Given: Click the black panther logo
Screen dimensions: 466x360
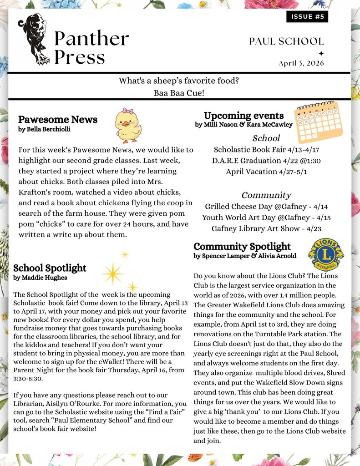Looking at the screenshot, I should point(34,39).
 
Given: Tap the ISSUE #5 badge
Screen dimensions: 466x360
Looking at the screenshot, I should point(307,17).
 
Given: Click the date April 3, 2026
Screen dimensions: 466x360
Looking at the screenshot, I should point(301,63).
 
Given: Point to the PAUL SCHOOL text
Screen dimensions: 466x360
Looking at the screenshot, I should point(286,41).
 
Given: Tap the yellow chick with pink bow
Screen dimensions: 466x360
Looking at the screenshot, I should point(127,125).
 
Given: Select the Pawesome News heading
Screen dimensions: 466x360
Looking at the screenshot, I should point(58,120).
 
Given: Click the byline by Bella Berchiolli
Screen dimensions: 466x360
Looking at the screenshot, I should point(44,129).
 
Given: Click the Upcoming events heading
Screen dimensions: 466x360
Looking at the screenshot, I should point(243,116).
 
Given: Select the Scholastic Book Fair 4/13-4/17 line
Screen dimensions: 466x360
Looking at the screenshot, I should point(266,149).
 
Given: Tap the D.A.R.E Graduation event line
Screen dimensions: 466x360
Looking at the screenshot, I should point(266,161).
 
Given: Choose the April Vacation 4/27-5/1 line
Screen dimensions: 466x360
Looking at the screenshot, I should point(266,172).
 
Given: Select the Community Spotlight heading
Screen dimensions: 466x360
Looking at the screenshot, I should point(242,247).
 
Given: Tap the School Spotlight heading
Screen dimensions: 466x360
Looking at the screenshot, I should point(50,268).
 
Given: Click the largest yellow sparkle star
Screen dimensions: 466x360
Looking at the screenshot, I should point(112,274).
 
